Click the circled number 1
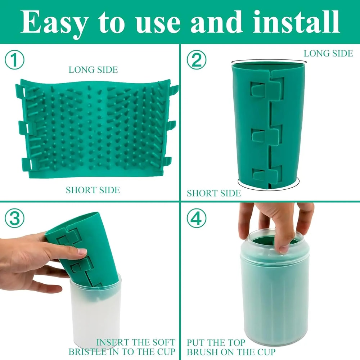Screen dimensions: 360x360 tap(15, 60)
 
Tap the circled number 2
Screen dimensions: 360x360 tap(197, 60)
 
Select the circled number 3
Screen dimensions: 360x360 tap(15, 219)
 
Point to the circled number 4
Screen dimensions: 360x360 tap(197, 219)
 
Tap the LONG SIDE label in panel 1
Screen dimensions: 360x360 tap(93, 69)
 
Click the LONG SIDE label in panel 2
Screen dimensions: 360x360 tap(328, 53)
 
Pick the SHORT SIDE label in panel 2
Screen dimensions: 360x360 tap(213, 193)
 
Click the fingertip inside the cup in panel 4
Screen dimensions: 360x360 tap(284, 248)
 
